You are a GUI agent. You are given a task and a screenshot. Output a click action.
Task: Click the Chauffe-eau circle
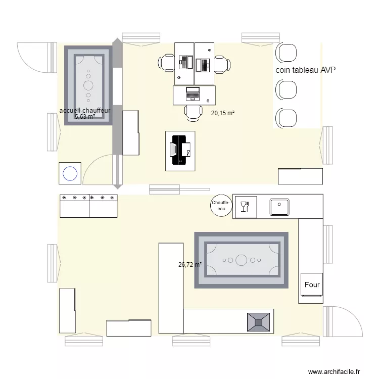[220, 205]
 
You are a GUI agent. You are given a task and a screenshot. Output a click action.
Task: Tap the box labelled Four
[312, 285]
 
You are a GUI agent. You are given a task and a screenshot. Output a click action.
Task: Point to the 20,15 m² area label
[223, 114]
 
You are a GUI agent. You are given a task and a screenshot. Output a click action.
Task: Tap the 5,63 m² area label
[85, 117]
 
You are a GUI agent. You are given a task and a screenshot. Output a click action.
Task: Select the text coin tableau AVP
[305, 71]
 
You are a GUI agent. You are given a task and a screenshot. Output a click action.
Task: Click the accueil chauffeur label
[84, 110]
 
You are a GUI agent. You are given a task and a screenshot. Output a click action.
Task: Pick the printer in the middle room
[180, 151]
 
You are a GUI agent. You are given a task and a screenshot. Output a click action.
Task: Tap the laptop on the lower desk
[193, 93]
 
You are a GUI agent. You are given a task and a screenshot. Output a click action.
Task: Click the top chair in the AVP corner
[287, 53]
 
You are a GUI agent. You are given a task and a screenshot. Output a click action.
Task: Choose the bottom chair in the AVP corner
[287, 118]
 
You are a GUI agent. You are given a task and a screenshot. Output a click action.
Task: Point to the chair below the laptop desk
[193, 113]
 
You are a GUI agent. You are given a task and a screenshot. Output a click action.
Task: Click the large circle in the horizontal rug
[241, 260]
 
